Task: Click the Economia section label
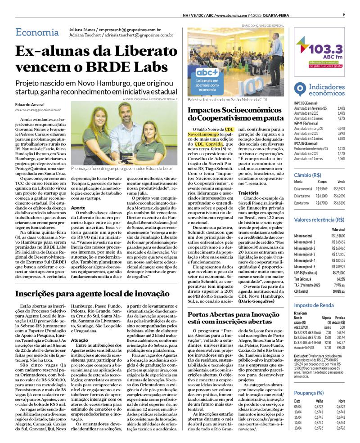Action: pyautogui.click(x=37, y=32)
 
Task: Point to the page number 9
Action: pyautogui.click(x=343, y=14)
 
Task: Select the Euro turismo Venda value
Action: pyautogui.click(x=338, y=203)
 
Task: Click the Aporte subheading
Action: pyautogui.click(x=78, y=208)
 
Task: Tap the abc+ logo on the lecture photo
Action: pyautogui.click(x=207, y=72)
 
